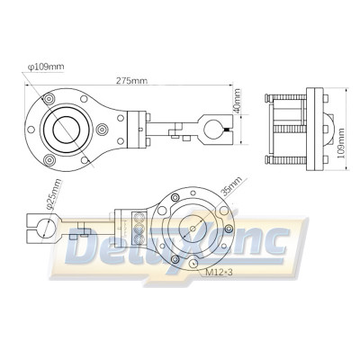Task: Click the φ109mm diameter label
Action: click(x=46, y=65)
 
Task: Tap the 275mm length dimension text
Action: click(x=133, y=81)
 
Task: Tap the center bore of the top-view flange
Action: click(x=68, y=129)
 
